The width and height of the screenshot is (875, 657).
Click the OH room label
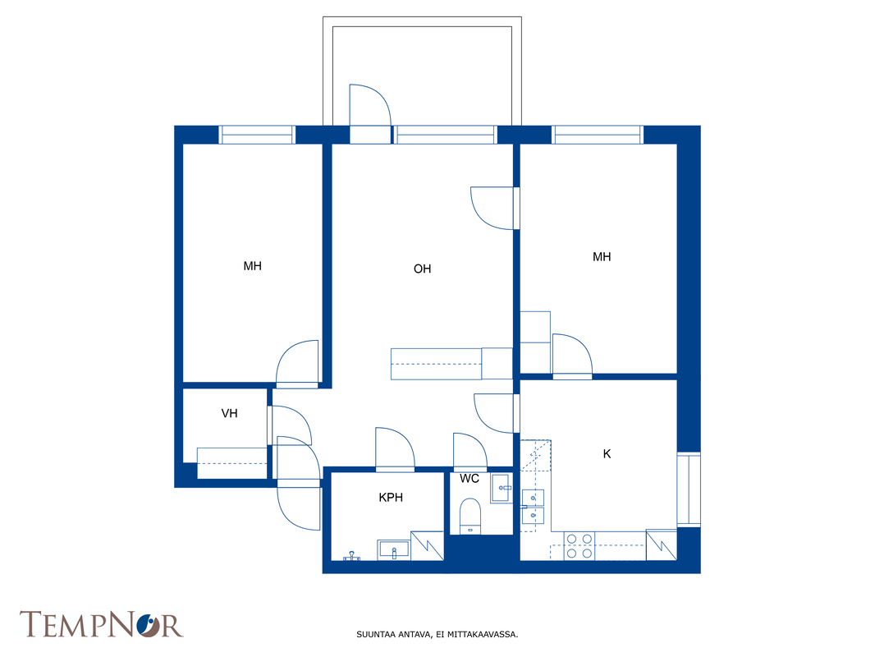coord(422,269)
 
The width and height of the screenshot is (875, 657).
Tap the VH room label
coord(229,414)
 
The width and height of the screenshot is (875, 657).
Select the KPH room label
coord(391,498)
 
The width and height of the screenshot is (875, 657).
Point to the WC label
coord(470,478)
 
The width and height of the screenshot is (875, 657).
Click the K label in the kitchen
coord(607,454)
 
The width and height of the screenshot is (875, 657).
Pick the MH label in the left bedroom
coord(252,266)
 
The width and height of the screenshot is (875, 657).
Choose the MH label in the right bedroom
coord(602,257)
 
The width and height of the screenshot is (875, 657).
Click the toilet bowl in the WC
coord(470,517)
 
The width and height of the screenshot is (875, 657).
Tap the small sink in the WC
coord(501,488)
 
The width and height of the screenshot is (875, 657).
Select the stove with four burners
coord(579,546)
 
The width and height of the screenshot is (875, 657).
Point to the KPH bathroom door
coord(395,449)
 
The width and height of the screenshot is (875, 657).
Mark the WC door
coord(470,451)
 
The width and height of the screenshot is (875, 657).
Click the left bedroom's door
coord(297,363)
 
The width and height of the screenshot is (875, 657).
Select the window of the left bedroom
coord(257,135)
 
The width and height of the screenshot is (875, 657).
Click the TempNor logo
coord(102,625)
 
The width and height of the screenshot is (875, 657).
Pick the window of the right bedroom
coord(597,135)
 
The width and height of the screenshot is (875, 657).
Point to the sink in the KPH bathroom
coord(394,549)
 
